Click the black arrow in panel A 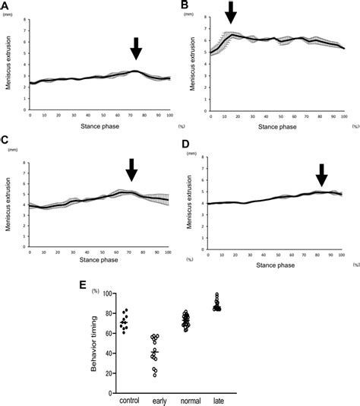[x=136, y=49]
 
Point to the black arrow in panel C [x=131, y=170]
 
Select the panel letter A [x=5, y=6]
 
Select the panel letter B [x=184, y=6]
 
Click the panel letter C [x=5, y=140]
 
